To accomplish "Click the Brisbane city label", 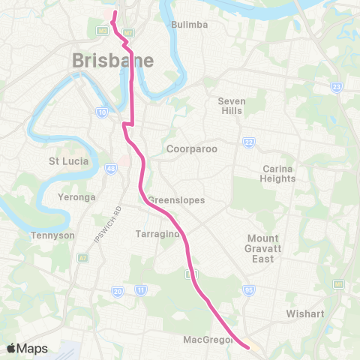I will [113, 61].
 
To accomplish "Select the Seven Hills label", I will [232, 106].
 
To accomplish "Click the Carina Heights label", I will [278, 174].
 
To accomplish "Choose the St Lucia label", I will [69, 161].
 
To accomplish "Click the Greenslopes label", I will [176, 200].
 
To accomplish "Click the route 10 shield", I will [101, 112].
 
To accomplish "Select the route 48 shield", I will [112, 169].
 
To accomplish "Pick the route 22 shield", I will [247, 142].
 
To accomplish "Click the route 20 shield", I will [117, 290].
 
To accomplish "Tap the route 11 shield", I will [140, 289].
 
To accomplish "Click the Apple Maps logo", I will [27, 348].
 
